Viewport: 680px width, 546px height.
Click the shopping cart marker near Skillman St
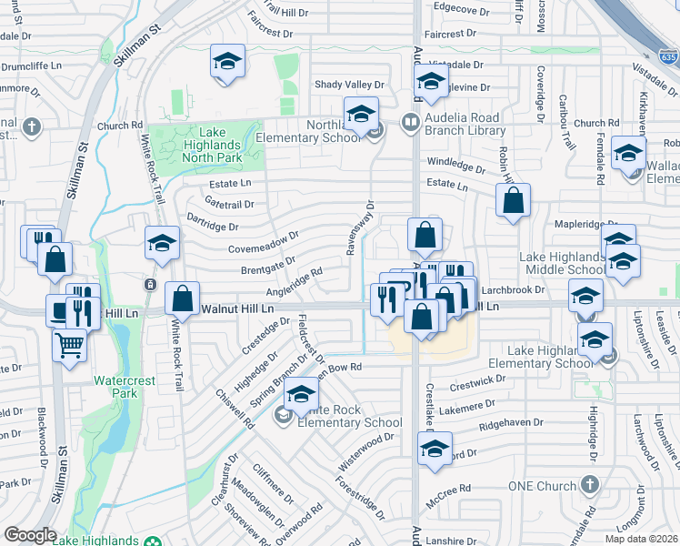click(69, 345)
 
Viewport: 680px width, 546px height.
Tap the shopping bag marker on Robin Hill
click(513, 201)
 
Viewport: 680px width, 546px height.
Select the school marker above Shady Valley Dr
click(226, 62)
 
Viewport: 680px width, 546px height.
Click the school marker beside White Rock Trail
click(162, 243)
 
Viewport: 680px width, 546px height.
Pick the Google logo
click(30, 535)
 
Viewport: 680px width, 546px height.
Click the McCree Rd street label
click(452, 489)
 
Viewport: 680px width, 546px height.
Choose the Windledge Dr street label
click(456, 167)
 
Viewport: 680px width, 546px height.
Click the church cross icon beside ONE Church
click(589, 484)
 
